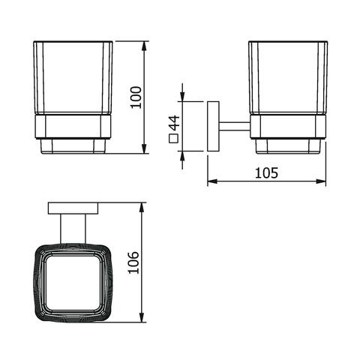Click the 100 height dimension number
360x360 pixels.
136,97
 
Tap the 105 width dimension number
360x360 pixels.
266,172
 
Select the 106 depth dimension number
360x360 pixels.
133,262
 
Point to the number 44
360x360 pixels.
174,123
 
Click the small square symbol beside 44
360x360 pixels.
173,139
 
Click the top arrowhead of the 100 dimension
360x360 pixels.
145,46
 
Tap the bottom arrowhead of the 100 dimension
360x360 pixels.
145,148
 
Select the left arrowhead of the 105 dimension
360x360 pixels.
213,181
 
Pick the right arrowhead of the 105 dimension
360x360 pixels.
321,181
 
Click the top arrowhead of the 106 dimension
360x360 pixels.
142,208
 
